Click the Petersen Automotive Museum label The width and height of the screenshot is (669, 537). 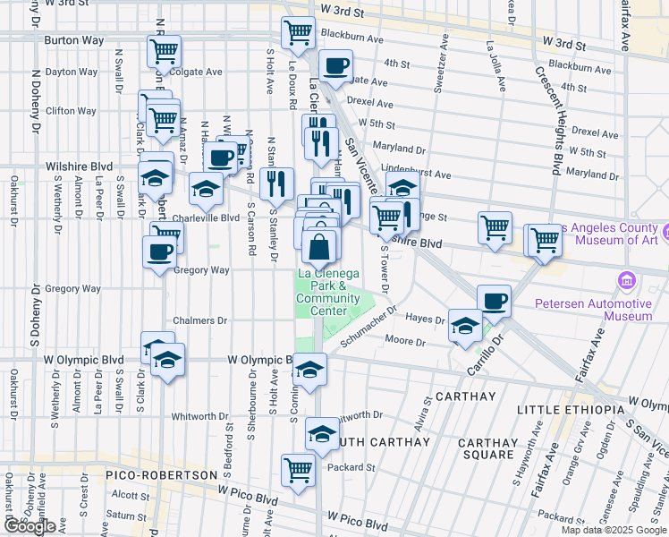pos(593,310)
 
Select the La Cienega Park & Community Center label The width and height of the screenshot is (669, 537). pos(327,292)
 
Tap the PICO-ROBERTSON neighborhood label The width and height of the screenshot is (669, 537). pos(161,474)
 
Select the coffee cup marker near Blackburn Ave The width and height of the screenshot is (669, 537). pos(335,65)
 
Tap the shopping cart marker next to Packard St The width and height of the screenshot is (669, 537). pos(298,469)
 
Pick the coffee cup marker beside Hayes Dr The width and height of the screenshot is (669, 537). pos(494,301)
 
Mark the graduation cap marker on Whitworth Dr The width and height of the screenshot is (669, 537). pos(323,434)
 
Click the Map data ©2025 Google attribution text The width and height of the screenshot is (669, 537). pos(612,530)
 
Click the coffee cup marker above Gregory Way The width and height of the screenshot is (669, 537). pos(160,251)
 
